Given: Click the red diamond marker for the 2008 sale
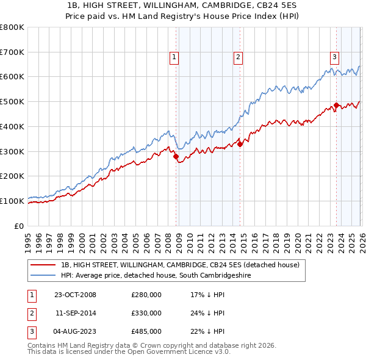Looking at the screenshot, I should coord(176,156).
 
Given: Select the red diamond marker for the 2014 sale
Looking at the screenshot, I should coord(240,144).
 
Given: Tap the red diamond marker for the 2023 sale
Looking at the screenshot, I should coord(336,106).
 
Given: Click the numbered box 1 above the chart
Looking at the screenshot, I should coord(174,57).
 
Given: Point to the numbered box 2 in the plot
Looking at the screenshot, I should coord(237,57).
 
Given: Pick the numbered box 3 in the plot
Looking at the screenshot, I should coord(335,57).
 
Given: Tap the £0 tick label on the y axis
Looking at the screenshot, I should coord(18,226).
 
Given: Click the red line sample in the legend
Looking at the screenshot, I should coord(43,265).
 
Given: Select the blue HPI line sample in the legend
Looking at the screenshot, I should coord(43,276).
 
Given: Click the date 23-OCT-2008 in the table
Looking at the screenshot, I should coord(75,295).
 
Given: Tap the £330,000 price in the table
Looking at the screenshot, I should coord(146,313).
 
